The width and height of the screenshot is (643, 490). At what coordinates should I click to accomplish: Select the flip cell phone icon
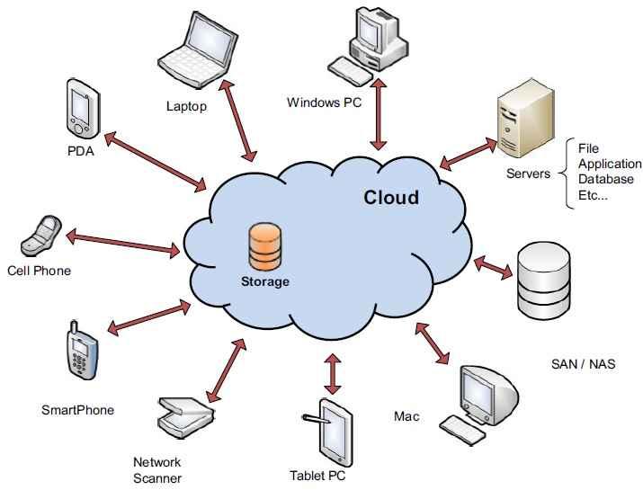[x=41, y=236]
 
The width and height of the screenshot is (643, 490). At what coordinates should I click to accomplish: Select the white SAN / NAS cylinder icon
[x=544, y=281]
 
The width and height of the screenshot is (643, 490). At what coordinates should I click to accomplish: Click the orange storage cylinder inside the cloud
[x=264, y=247]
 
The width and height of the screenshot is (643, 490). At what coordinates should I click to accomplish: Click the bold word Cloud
[x=390, y=197]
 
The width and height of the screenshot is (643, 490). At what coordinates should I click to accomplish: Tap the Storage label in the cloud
[x=264, y=281]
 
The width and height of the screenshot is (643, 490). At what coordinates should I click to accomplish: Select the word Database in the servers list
[x=605, y=179]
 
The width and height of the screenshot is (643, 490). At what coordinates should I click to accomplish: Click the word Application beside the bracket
[x=610, y=164]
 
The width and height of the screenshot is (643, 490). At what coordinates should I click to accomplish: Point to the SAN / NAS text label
[x=583, y=364]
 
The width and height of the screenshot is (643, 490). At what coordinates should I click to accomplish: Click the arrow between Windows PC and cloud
[x=379, y=113]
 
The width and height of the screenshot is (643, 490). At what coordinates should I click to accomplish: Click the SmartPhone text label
[x=78, y=410]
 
